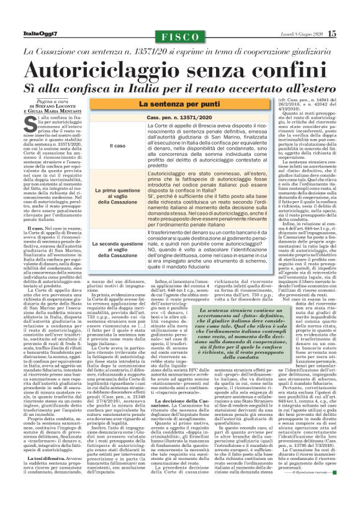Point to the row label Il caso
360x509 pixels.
point(116,146)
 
